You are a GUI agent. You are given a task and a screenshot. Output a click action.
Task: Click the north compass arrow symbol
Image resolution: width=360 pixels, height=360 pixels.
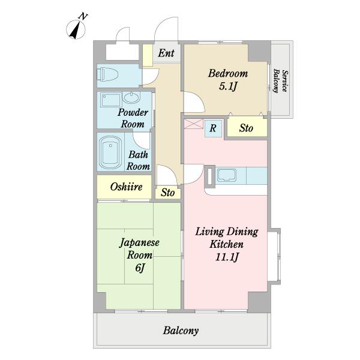point(76,29)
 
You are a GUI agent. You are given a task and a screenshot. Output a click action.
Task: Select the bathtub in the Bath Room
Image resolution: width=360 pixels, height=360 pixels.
point(110,152)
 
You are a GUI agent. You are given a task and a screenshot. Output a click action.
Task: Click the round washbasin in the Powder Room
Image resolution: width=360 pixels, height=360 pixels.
point(131,97)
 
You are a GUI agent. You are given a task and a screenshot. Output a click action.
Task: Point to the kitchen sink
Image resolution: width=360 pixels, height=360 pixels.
point(227,175)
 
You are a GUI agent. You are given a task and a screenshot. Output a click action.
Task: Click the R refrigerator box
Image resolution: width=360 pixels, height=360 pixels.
point(213,128)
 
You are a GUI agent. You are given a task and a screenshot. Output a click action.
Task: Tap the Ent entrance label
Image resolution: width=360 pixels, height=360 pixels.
point(166,53)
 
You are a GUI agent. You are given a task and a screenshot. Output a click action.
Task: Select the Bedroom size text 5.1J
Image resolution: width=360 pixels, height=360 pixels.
point(228,86)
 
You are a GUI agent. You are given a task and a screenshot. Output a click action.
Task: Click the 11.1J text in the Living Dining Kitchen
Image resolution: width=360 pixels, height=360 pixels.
point(227,257)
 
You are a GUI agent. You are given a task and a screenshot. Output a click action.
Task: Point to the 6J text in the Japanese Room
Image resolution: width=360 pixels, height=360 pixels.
point(140,268)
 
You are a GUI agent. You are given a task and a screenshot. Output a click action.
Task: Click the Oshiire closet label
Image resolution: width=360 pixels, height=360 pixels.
point(126,187)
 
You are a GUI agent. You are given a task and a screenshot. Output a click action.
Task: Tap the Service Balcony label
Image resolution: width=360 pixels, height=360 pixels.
point(280,81)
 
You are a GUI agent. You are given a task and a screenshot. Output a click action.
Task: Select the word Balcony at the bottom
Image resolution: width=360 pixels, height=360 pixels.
point(181,331)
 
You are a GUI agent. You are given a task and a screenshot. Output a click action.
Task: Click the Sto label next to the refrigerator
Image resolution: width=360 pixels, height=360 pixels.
point(246,128)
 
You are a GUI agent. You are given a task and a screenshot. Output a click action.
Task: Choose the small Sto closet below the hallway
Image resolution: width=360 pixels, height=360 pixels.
point(168,193)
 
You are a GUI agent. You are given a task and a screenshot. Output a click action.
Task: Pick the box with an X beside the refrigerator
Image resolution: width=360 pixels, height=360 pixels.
point(194,124)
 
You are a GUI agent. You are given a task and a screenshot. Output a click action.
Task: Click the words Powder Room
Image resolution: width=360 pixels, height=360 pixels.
point(133,118)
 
